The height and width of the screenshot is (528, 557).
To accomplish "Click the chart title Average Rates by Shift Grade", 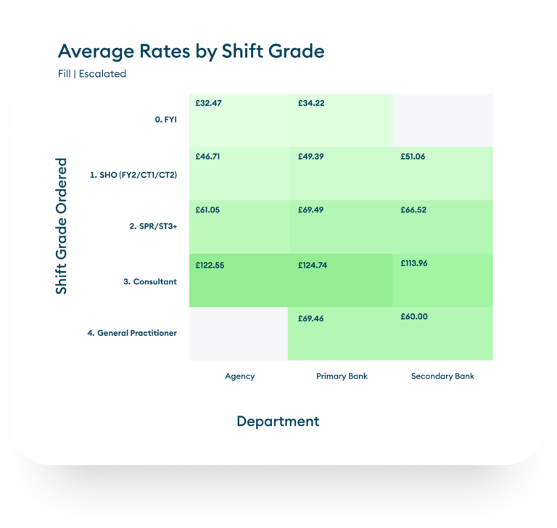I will click(191, 51).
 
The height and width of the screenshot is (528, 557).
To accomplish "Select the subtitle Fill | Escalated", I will click(92, 73).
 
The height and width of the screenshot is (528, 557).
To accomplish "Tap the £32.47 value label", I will click(209, 104).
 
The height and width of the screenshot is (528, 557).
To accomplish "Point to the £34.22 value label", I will click(311, 104).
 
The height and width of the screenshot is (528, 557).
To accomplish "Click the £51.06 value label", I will click(413, 157).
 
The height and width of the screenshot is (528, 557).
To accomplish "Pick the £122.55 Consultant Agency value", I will click(210, 265).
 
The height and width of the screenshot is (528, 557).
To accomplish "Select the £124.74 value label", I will click(313, 265).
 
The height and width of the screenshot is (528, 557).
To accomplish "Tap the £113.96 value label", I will click(414, 263).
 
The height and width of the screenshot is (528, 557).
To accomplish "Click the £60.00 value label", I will click(414, 316).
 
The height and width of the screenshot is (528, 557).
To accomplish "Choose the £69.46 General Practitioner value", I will click(311, 318).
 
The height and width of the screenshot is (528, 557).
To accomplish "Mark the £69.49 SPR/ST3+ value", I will click(311, 210).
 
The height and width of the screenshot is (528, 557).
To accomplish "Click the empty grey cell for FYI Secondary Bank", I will click(442, 120).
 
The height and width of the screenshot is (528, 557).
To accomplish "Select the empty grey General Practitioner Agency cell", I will click(238, 334).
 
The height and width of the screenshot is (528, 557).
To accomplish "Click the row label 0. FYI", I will click(166, 120).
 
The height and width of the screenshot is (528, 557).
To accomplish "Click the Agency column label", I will click(240, 376).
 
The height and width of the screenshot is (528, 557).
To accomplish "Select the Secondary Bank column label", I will click(442, 376).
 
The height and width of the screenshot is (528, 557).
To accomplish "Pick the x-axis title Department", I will click(278, 421).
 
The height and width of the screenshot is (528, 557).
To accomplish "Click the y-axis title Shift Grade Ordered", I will click(62, 226).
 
